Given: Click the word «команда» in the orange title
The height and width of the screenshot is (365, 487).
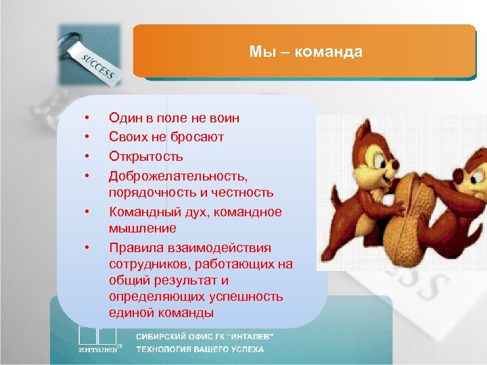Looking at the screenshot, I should point(332,52).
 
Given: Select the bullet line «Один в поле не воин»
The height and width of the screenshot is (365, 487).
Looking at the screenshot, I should point(174,118).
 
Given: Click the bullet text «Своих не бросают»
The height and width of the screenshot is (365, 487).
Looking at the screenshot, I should point(166,137).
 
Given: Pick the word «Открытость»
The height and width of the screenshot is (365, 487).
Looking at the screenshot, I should point(145,156).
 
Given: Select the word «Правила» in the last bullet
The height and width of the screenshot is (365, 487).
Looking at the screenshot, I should point(135,247).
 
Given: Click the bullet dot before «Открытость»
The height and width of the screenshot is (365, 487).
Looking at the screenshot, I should point(87,156).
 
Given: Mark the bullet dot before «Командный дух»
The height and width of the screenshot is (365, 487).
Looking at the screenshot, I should point(87,212).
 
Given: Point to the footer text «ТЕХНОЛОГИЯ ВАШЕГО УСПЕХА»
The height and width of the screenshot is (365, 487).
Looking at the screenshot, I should point(200,349).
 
